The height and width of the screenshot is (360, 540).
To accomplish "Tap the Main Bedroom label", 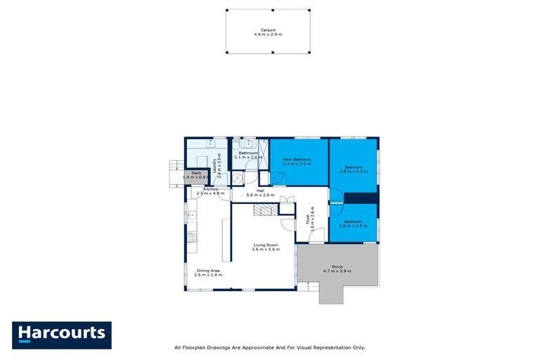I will click(x=297, y=160).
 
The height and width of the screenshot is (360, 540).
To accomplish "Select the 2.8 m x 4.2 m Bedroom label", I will click(x=353, y=166).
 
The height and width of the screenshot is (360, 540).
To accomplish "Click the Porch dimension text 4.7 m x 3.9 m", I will click(x=337, y=271).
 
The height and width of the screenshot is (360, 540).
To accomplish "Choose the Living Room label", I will click(x=266, y=245).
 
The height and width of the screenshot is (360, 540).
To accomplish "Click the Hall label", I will click(x=259, y=191).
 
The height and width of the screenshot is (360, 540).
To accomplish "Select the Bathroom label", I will click(x=247, y=153).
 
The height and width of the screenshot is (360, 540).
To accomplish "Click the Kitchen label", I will click(x=210, y=189).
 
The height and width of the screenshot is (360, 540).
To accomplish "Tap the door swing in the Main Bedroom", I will click(x=279, y=178).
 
